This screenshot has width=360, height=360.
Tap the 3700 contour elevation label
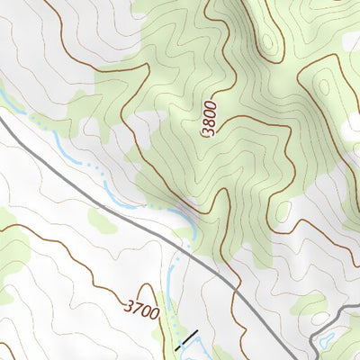(x=142, y=314)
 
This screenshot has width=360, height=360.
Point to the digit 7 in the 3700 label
(x=137, y=311)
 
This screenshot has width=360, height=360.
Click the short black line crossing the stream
(x=185, y=340)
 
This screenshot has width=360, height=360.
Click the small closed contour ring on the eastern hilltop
(x=323, y=86)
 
